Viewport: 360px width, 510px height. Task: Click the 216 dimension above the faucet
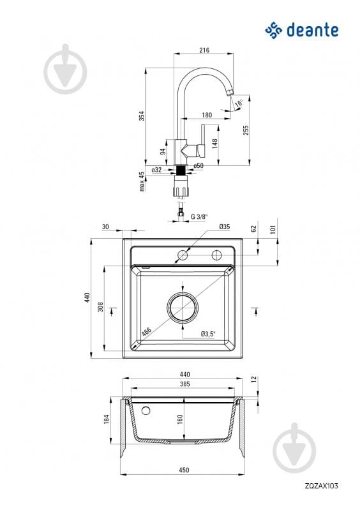coord(204,50)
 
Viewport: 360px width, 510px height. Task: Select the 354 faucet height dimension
coord(142,116)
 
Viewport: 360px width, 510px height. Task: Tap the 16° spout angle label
coord(239,103)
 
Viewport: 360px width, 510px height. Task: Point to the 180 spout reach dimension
coord(207,115)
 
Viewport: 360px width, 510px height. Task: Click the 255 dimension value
coord(246,130)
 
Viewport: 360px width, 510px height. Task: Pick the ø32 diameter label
coord(157,170)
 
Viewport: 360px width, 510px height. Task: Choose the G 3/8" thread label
coord(199,216)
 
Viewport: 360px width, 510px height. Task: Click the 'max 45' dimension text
coord(142,181)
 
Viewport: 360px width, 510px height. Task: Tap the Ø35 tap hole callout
coord(225,227)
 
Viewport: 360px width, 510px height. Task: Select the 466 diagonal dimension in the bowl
coord(146,331)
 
